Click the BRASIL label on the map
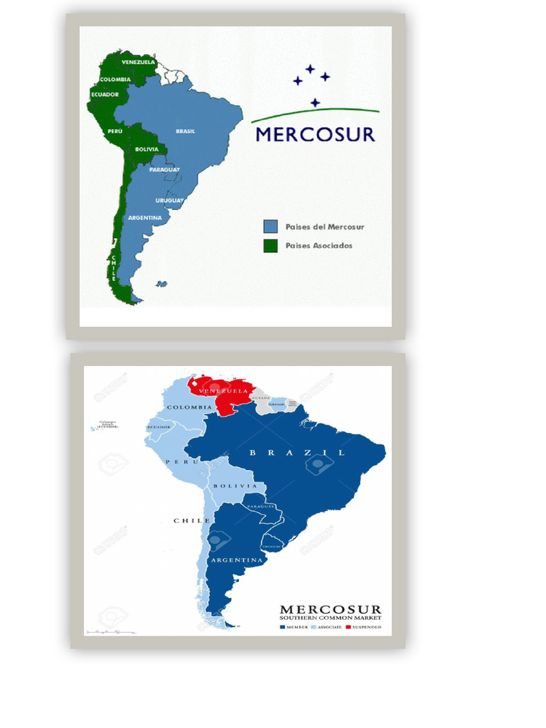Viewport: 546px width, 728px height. (186, 131)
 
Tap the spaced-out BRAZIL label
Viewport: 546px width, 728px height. (297, 452)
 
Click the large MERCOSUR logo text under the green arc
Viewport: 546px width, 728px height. (315, 134)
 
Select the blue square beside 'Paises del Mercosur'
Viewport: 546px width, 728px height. (270, 227)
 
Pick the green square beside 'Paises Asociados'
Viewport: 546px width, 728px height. (270, 246)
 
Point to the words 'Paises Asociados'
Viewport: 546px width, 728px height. (318, 246)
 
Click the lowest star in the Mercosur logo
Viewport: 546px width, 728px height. (315, 103)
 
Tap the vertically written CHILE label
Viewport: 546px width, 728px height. (113, 269)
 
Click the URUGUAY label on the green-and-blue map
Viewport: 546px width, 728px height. (169, 200)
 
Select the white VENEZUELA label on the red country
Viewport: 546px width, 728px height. (224, 391)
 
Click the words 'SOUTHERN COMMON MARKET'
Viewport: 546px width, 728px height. (331, 619)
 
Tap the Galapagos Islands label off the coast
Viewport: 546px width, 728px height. (108, 424)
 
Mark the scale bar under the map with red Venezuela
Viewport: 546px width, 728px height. (110, 631)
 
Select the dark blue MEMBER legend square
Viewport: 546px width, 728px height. (282, 627)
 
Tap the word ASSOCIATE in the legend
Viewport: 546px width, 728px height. (328, 627)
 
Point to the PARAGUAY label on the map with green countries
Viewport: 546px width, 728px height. (164, 169)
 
